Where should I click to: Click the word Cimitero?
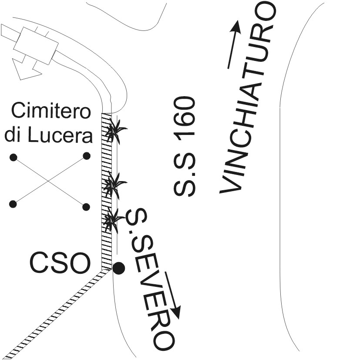coord(51,112)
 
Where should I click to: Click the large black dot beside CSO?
coord(118,268)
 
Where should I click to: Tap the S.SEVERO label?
coord(151,279)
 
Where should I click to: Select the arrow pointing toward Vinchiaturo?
coord(234,44)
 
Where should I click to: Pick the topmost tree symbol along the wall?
coord(114,130)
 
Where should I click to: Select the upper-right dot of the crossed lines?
coord(86,155)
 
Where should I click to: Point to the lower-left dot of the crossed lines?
coord(13,203)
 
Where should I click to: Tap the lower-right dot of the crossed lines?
coord(86,206)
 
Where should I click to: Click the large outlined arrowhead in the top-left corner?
coord(26,69)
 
